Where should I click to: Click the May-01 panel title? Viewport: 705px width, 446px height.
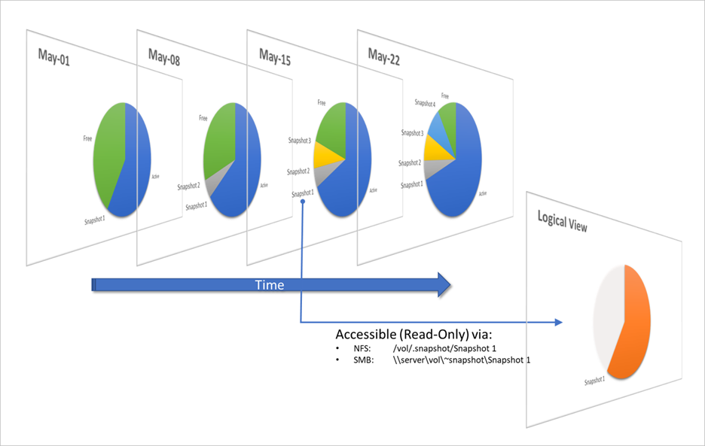53,59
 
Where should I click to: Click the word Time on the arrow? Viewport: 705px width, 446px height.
270,284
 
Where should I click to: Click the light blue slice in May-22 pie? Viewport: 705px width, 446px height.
441,126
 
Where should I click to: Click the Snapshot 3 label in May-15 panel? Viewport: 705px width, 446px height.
300,140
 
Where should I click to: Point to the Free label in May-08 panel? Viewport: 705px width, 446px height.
203,118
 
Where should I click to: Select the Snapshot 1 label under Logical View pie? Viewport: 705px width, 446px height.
595,381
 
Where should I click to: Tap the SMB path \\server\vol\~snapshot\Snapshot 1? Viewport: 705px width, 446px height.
461,360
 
